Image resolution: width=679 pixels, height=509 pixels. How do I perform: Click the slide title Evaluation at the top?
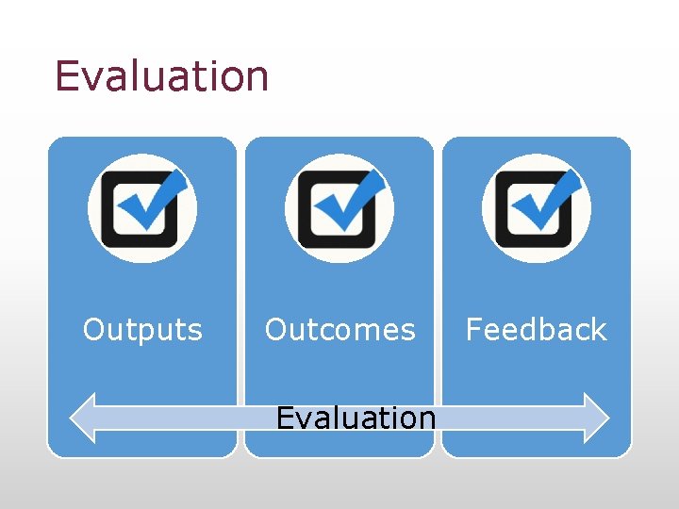tap(161, 75)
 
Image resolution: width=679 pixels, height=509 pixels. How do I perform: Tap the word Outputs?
tap(142, 330)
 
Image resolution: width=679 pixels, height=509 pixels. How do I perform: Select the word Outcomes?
tap(339, 330)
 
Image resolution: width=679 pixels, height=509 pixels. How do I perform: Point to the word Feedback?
tap(536, 330)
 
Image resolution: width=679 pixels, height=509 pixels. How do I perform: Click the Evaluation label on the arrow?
tap(356, 417)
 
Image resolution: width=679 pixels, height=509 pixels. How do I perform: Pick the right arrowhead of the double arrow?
tap(597, 418)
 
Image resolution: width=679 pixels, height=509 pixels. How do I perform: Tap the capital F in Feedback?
tap(473, 330)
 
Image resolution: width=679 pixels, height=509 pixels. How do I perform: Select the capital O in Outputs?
tap(93, 330)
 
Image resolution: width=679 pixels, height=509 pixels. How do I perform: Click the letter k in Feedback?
tap(597, 330)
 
